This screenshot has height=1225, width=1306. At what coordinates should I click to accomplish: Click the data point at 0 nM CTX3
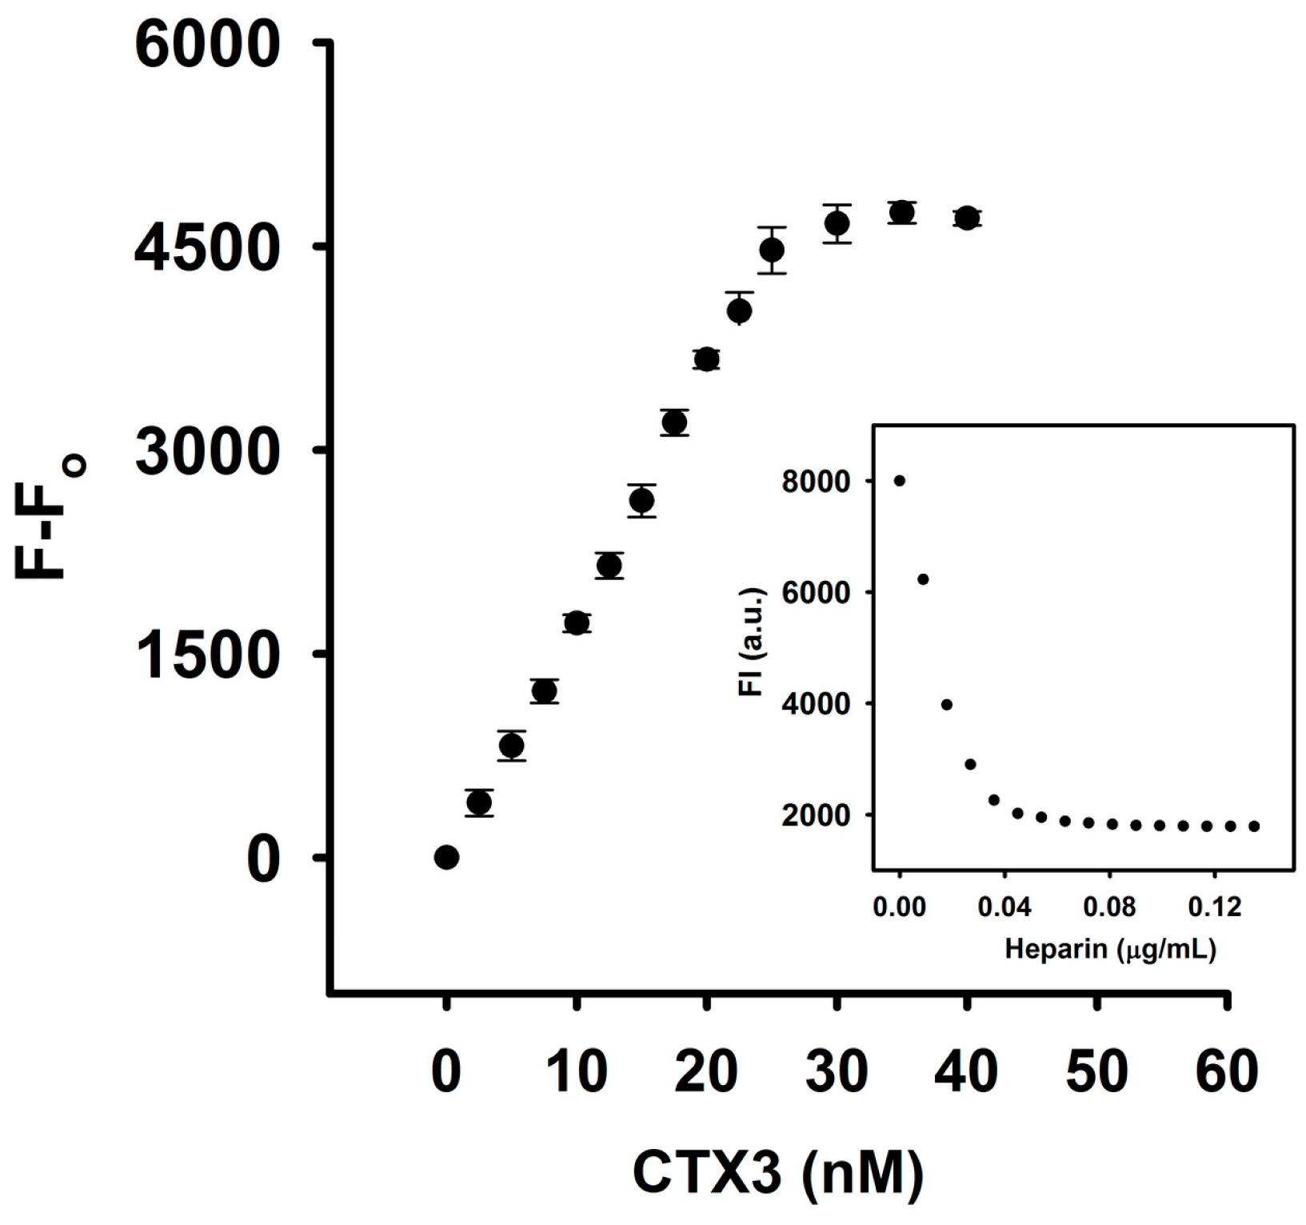point(446,858)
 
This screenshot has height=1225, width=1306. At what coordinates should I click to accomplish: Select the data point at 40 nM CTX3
point(967,218)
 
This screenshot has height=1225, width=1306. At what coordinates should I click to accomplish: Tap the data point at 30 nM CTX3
point(837,224)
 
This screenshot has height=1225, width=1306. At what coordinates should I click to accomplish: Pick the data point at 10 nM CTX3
point(577,623)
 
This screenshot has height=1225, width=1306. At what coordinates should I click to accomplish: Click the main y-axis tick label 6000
point(207,45)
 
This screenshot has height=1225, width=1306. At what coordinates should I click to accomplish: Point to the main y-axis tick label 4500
point(207,248)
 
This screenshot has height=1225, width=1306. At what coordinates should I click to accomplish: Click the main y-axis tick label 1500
point(207,655)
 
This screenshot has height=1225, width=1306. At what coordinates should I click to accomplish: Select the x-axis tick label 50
point(1096,1072)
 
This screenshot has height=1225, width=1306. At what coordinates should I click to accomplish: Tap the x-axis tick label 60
point(1227,1072)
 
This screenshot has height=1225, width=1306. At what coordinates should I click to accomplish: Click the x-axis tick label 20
point(705,1072)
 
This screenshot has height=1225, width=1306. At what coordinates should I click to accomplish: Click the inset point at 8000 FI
point(900,481)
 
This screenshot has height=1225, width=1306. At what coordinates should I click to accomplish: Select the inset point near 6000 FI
point(923,579)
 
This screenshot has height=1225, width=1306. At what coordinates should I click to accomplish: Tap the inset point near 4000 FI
point(947,705)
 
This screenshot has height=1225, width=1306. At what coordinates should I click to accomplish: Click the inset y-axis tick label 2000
point(816,815)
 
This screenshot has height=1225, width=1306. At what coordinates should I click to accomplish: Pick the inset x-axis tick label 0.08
point(1109,907)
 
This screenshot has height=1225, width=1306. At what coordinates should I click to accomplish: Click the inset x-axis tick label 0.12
point(1214,907)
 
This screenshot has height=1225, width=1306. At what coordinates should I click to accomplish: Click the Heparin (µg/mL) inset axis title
point(1110,949)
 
